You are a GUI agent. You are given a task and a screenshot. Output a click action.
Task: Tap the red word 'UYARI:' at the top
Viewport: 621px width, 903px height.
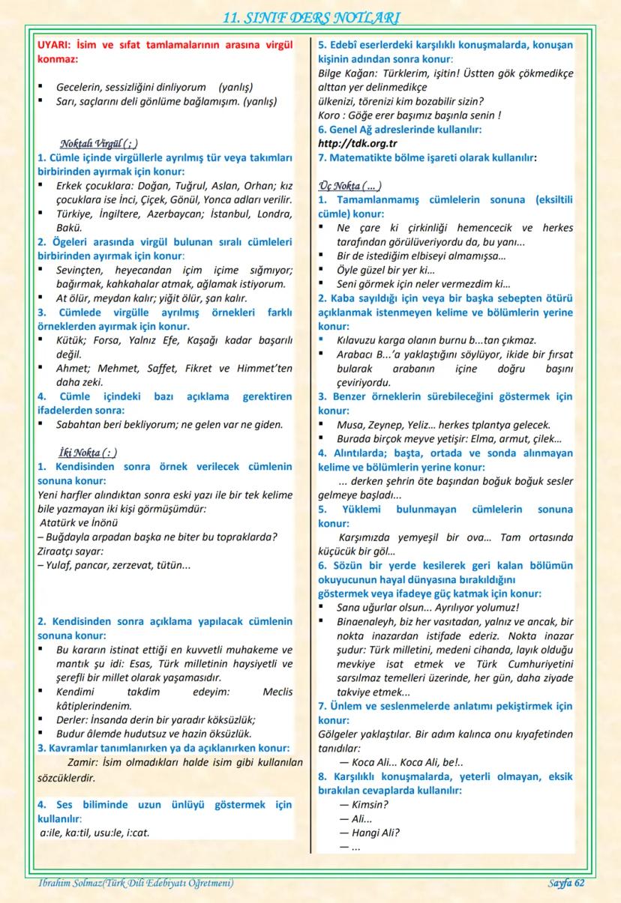click(x=58, y=44)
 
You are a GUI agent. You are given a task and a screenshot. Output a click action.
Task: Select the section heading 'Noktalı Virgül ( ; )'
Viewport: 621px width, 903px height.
click(x=98, y=143)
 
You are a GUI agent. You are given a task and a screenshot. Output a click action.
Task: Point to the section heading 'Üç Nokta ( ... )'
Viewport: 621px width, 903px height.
click(x=350, y=186)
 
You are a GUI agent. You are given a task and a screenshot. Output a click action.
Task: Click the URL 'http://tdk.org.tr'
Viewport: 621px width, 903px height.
click(x=358, y=143)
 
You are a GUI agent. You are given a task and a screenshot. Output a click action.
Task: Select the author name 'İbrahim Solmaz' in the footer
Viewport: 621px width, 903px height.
click(x=68, y=884)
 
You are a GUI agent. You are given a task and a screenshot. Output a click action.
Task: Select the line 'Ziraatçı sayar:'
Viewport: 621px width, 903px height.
click(x=70, y=551)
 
